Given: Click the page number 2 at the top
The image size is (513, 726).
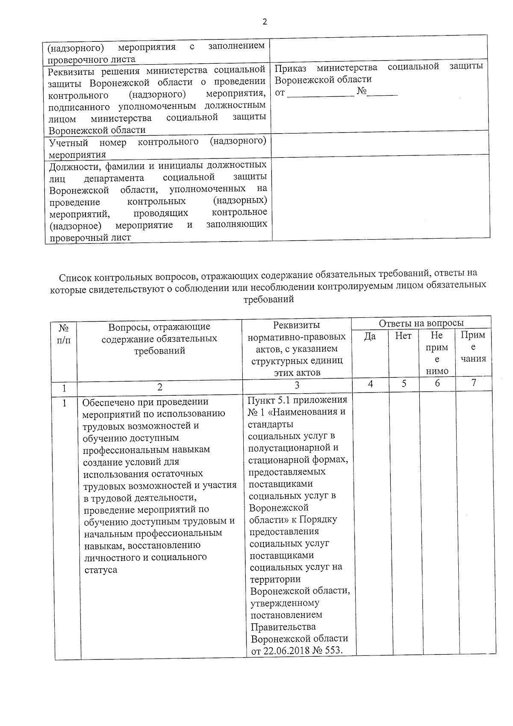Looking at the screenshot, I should point(265,22).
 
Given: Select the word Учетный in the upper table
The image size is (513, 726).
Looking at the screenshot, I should point(68,142).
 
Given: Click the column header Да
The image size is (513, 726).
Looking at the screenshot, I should point(370,336).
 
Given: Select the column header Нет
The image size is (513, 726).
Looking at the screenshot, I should point(403,336).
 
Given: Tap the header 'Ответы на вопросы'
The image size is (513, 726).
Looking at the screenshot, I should point(421,323).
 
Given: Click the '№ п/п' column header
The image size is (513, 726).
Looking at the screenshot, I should point(64,334).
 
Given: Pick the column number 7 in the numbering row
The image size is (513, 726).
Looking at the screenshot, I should point(474,383).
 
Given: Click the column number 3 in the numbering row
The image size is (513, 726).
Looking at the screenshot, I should point(297,385).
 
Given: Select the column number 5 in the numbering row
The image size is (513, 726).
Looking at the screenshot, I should point(404,384).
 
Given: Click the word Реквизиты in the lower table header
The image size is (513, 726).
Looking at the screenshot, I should point(296,325).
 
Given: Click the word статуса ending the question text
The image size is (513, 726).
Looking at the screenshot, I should point(100,570).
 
